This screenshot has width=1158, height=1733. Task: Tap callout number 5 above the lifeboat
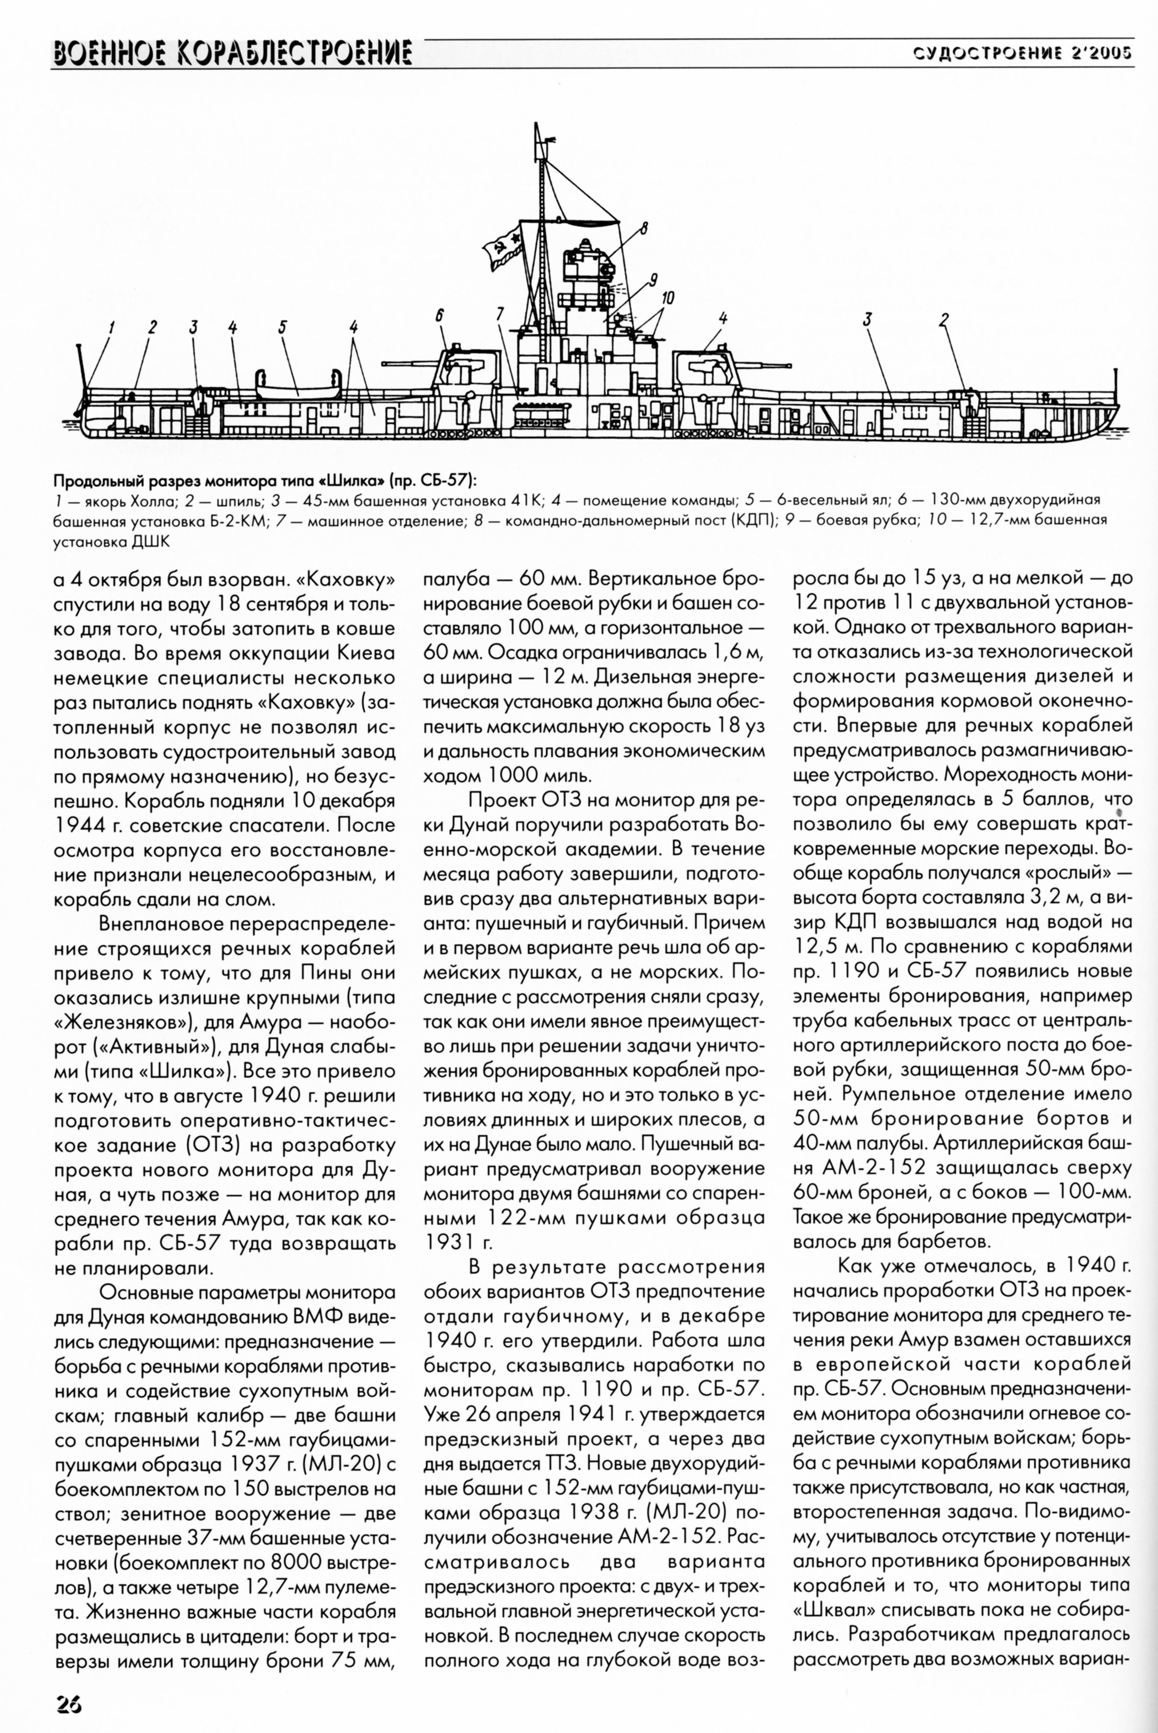click(x=282, y=326)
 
